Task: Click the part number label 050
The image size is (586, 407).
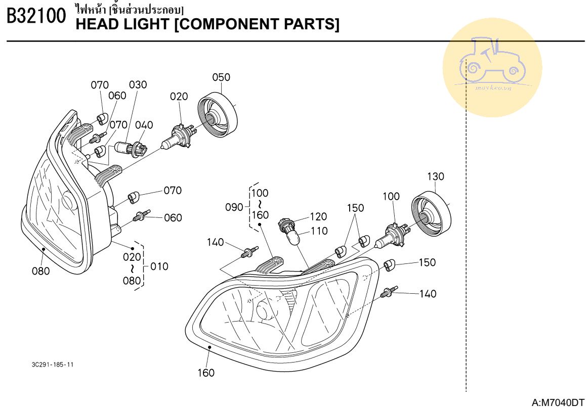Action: click(x=221, y=77)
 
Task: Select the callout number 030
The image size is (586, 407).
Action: click(x=138, y=84)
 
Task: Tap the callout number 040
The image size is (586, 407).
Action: click(x=144, y=125)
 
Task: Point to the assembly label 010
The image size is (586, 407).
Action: click(x=160, y=266)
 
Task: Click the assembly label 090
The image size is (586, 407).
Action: click(x=234, y=207)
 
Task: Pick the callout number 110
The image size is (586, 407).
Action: click(x=319, y=231)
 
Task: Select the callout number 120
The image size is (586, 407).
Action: click(x=318, y=216)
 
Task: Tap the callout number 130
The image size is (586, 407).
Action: click(x=435, y=176)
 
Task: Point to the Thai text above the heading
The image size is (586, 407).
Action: click(x=129, y=9)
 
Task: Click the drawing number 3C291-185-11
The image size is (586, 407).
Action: click(x=52, y=365)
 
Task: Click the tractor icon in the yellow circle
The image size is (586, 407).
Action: click(x=492, y=63)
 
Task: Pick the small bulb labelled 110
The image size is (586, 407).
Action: click(x=293, y=236)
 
